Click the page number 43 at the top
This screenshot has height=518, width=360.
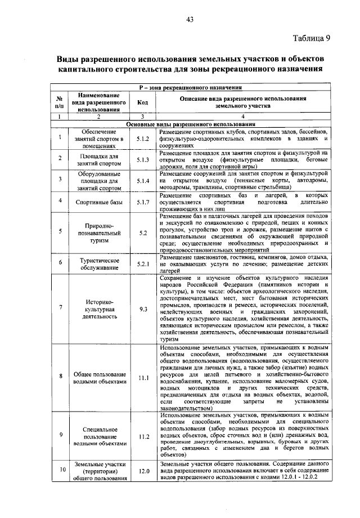pos(190,20)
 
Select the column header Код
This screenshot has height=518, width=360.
pos(142,102)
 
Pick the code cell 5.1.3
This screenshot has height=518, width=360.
pos(142,160)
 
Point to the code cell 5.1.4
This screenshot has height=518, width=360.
pos(142,181)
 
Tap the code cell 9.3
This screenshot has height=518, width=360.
pos(142,309)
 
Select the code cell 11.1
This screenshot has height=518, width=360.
pos(142,377)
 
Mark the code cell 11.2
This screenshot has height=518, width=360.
pos(142,436)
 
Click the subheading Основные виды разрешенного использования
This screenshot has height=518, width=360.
pos(191,123)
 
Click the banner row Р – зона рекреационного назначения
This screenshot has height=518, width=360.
pos(191,88)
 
